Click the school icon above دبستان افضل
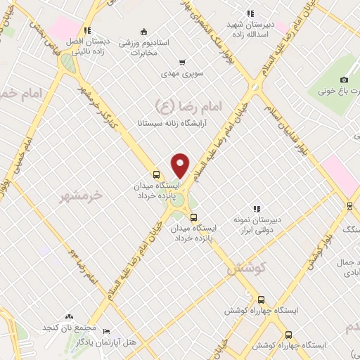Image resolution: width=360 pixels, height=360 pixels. point(87,30)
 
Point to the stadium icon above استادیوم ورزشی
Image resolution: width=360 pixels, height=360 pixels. point(144,31)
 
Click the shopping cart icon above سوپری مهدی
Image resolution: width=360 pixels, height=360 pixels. point(182,62)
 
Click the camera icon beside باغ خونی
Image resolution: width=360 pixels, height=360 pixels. point(344,79)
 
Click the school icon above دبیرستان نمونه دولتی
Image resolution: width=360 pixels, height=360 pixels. point(257,209)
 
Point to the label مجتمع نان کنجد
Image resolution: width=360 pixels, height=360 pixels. point(68,328)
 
